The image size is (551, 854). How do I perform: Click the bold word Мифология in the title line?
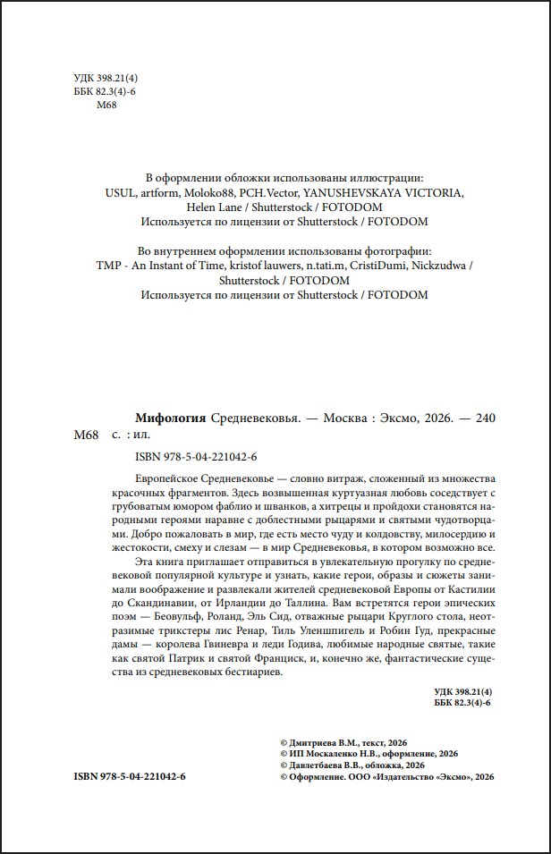point(171,419)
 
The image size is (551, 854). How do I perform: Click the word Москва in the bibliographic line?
point(344,419)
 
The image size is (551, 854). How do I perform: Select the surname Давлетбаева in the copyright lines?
point(319,765)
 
